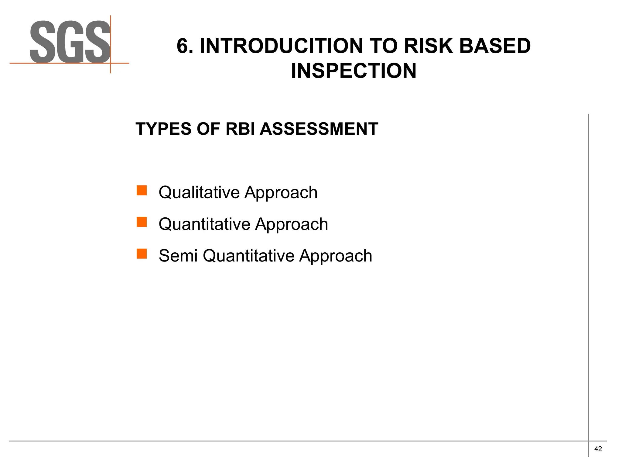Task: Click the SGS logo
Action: coord(70,43)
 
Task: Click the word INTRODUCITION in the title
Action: coord(281,46)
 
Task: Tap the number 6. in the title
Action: coord(185,46)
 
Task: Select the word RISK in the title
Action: coord(429,46)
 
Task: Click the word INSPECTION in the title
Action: coord(354,71)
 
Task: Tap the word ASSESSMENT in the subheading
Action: coord(319,129)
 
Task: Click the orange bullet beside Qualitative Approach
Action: coord(142,191)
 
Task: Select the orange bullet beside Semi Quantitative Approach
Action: coord(142,254)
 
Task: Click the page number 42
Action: coord(598,449)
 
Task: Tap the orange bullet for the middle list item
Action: coord(142,222)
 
